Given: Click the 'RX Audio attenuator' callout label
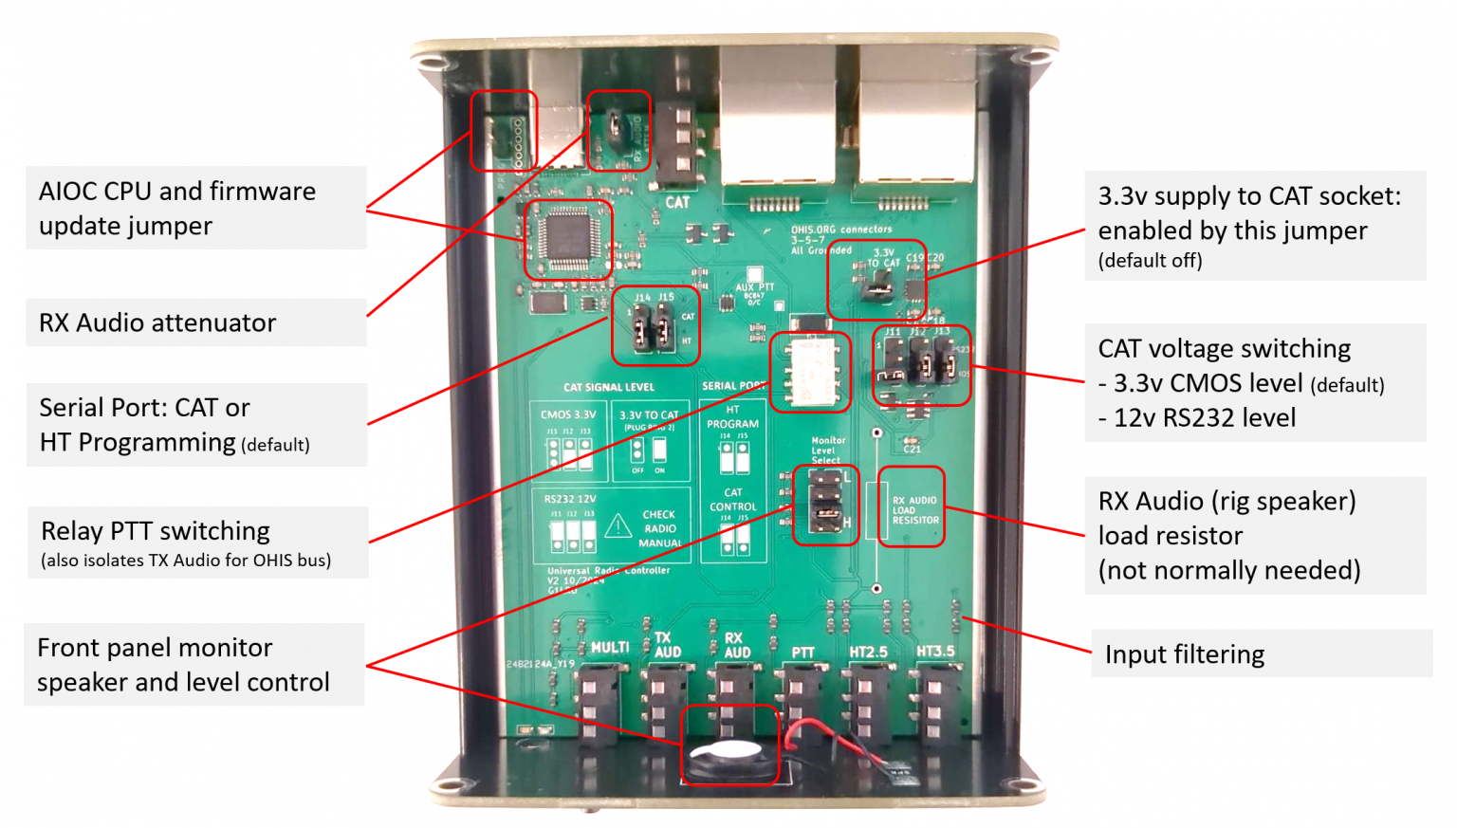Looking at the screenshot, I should coord(157,323).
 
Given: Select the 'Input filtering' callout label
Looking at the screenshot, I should coord(1185,654).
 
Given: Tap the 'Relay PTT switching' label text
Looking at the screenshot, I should coord(156,531).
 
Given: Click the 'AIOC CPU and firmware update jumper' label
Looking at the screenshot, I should coord(176,209).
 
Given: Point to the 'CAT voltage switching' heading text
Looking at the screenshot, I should coord(1224,349).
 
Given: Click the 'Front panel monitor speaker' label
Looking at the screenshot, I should coord(183,665).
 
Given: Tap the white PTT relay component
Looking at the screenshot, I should coord(810,372).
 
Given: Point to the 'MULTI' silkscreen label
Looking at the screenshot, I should coord(610,648).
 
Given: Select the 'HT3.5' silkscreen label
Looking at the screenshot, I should coord(935,652).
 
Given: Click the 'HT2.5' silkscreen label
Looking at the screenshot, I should coord(868,653).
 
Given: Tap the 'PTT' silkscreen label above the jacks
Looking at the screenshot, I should coord(802,653).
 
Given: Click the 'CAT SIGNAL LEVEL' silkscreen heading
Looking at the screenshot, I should coord(608,387).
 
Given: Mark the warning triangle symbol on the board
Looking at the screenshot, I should coord(618,525).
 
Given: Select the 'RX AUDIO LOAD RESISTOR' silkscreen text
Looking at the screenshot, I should coord(914,510).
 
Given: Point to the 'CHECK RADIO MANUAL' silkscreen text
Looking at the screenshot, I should coord(660,529).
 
